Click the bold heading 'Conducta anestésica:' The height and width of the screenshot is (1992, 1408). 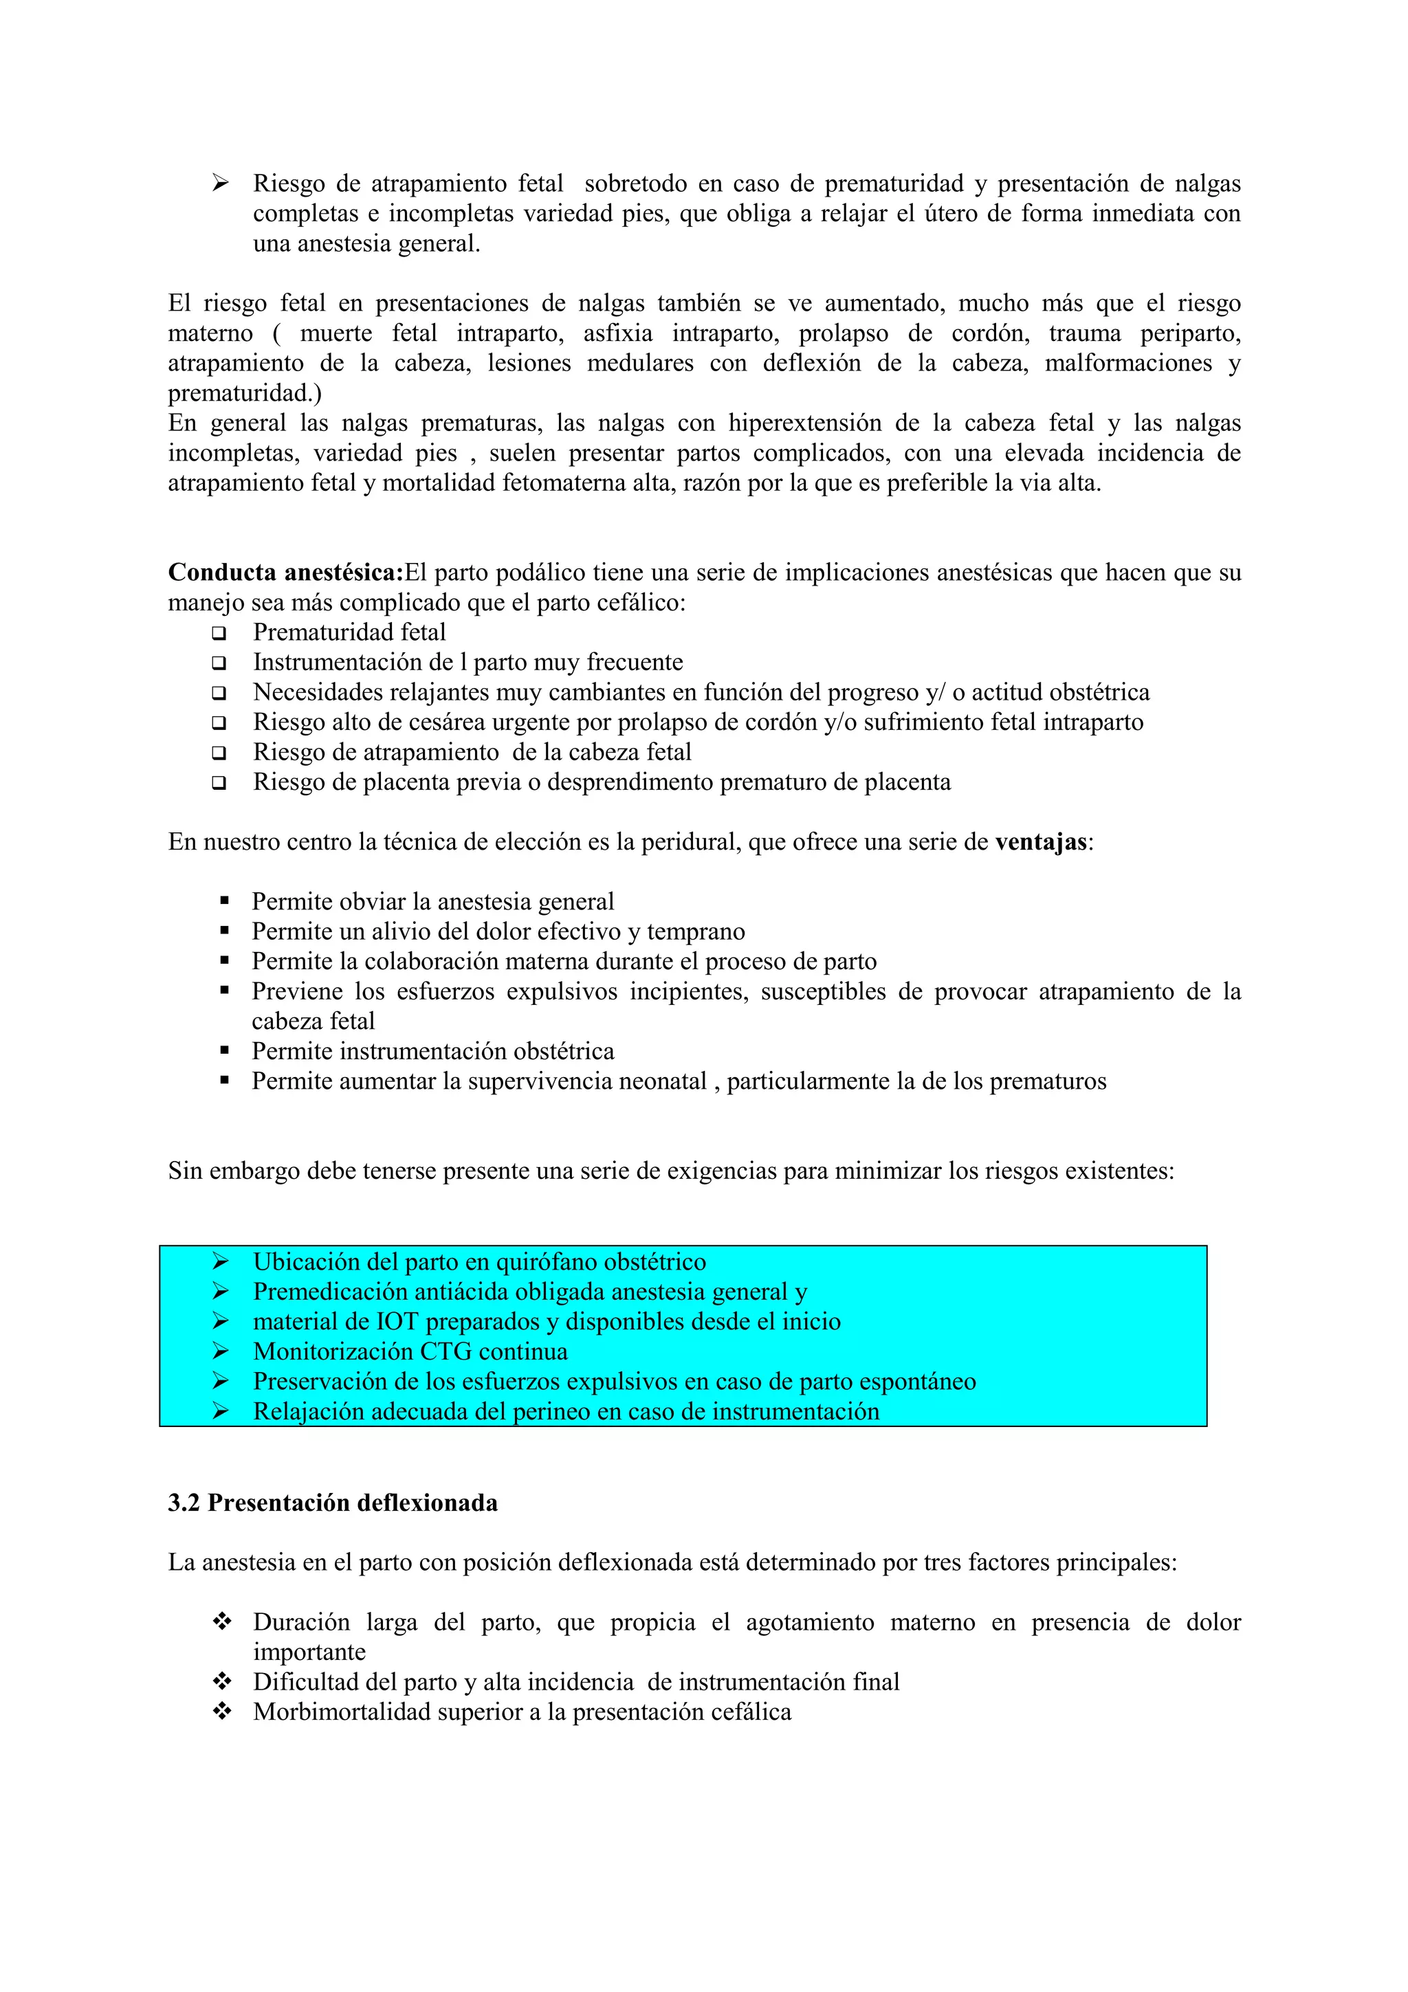coord(285,573)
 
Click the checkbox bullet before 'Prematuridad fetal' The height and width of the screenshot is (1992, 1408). coord(219,633)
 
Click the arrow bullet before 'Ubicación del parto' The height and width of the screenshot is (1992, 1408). coord(221,1261)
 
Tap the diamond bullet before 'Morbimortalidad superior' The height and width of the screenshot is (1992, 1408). coord(222,1712)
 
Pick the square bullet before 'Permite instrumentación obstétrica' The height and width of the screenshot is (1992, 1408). coord(225,1051)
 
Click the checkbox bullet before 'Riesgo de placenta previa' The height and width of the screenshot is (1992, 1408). coord(219,782)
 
